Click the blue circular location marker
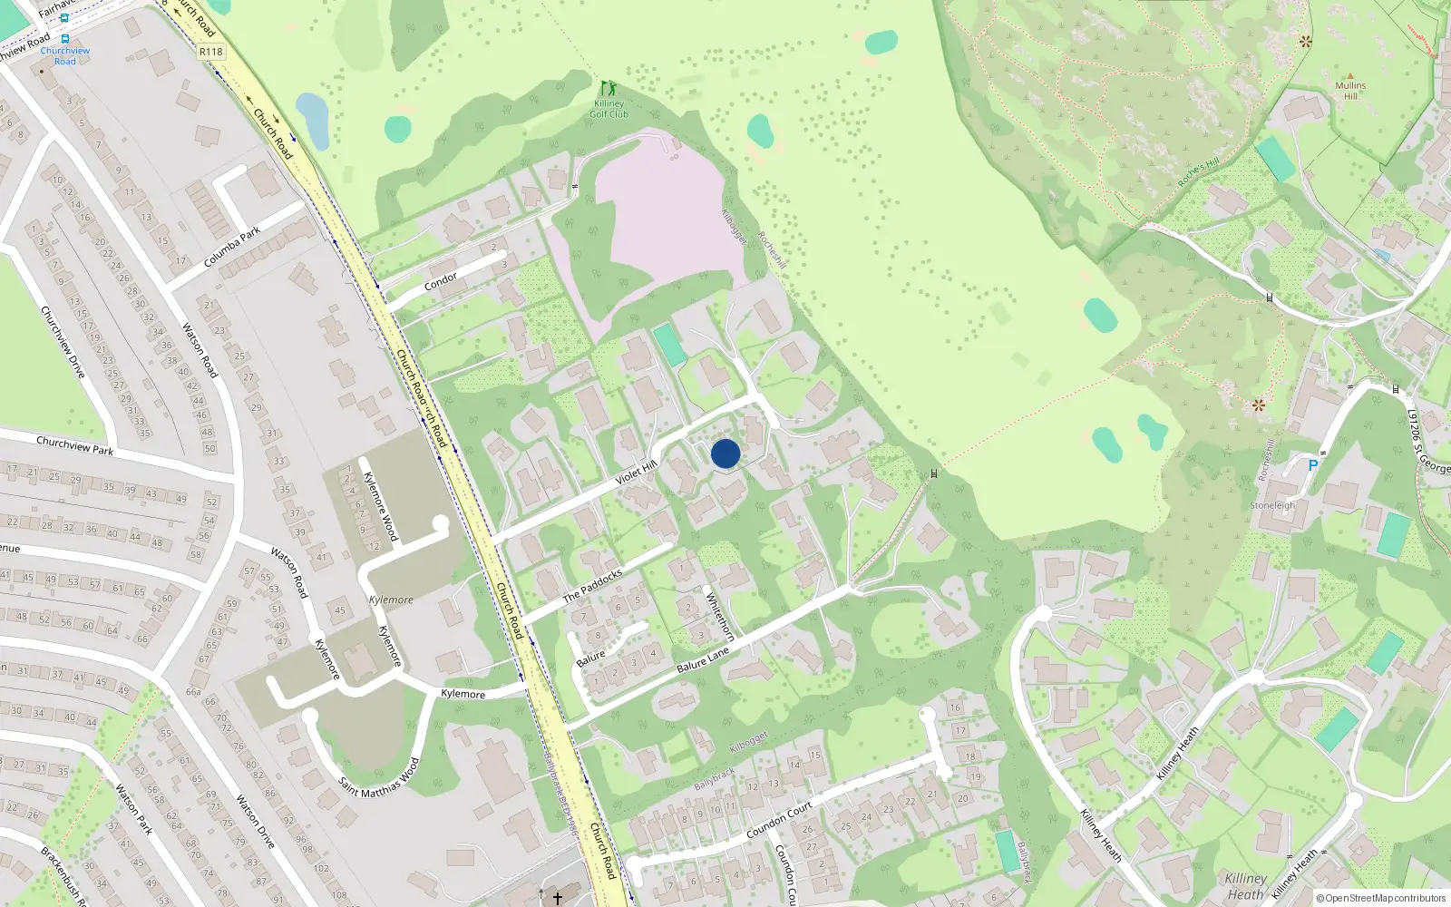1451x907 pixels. pos(725,453)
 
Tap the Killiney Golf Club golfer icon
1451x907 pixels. pos(609,89)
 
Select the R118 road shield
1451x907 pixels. pos(210,52)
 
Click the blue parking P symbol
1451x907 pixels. pos(1312,465)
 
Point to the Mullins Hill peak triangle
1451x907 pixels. pos(1350,76)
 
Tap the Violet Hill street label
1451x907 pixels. pos(635,473)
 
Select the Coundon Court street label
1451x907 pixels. pos(779,820)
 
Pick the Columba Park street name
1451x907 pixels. pos(232,247)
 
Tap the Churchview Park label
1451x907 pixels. pos(74,445)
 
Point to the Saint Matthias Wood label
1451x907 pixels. pos(379,777)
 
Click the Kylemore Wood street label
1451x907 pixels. pos(380,506)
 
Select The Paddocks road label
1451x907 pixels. pos(593,586)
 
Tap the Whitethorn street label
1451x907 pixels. pos(719,616)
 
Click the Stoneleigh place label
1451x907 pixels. pos(1272,505)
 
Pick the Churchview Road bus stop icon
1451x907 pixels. pos(64,39)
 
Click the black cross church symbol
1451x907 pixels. pos(558,897)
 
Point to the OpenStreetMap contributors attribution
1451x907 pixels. pos(1381,898)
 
